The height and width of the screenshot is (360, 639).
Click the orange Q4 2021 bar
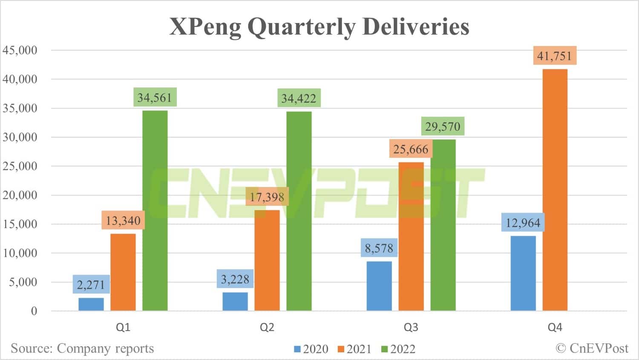pos(555,190)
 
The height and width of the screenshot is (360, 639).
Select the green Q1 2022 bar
pos(155,210)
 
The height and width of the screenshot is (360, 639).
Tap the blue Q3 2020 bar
pos(379,286)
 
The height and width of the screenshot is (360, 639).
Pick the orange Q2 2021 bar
pos(267,260)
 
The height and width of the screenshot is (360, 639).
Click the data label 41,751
pos(555,55)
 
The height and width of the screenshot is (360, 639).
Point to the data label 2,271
pos(91,284)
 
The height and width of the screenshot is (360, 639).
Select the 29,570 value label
pos(443,127)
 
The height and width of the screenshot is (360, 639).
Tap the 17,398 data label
pos(267,196)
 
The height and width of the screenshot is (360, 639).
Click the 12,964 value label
pos(523,222)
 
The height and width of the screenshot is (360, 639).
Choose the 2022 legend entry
pos(398,349)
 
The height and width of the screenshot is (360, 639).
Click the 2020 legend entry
pos(311,349)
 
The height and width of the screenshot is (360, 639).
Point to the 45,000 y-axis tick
pos(20,50)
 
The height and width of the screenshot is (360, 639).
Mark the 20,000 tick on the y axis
pos(20,195)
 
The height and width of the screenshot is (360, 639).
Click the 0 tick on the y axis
pos(34,311)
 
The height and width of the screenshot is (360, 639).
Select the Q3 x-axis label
pos(411,327)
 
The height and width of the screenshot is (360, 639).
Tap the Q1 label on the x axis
pos(123,327)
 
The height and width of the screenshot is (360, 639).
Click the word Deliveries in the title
pos(416,26)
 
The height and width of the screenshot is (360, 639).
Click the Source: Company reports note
pos(82,348)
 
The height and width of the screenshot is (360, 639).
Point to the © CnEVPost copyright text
pos(592,348)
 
